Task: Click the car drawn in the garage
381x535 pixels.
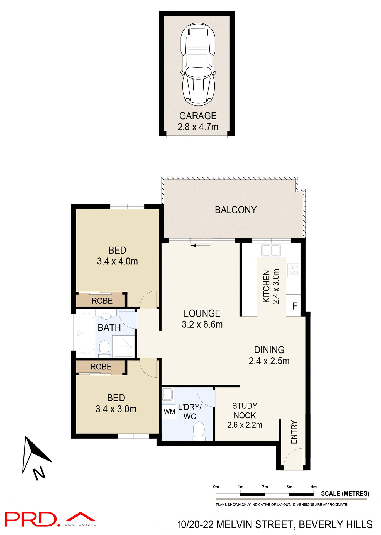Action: pos(198,65)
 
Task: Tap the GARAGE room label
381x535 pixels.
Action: pos(198,116)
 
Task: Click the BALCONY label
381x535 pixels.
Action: pos(236,210)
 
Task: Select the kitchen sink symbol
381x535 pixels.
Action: pos(271,250)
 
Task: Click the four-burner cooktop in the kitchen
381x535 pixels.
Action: pos(293,270)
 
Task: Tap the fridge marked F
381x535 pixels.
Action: pos(294,306)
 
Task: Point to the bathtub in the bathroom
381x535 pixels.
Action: pos(86,334)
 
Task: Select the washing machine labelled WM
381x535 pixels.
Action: pos(169,412)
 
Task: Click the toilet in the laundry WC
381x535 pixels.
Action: pos(199,431)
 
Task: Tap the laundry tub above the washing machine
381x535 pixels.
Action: pos(168,395)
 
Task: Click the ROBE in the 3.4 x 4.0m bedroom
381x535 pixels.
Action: pos(102,301)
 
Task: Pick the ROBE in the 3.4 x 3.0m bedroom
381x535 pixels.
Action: pos(101,367)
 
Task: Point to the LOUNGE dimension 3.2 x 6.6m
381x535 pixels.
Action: pos(202,324)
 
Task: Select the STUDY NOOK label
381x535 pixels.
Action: pos(245,410)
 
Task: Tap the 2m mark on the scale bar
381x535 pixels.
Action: pos(265,487)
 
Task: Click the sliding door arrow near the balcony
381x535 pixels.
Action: pos(201,245)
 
